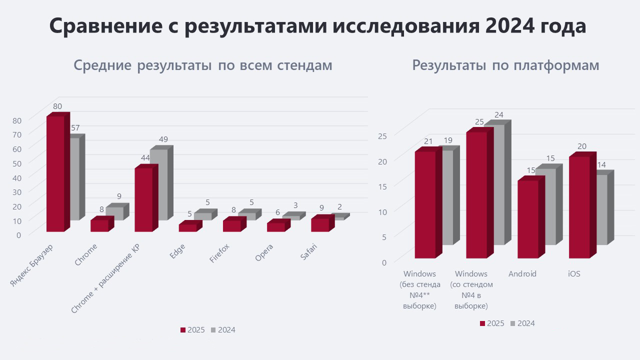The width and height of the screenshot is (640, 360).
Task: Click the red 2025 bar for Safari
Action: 319,224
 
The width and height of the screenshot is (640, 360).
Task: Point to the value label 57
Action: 75,128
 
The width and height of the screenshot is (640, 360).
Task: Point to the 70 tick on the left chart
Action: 17,134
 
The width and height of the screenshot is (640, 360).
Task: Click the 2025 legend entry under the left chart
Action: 192,330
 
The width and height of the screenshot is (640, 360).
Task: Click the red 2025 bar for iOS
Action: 579,207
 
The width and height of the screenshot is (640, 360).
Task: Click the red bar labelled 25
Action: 476,195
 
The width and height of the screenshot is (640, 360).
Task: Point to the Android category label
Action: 522,274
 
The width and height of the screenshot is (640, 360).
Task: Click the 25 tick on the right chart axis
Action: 381,135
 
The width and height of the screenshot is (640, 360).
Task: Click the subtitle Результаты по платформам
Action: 505,65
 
